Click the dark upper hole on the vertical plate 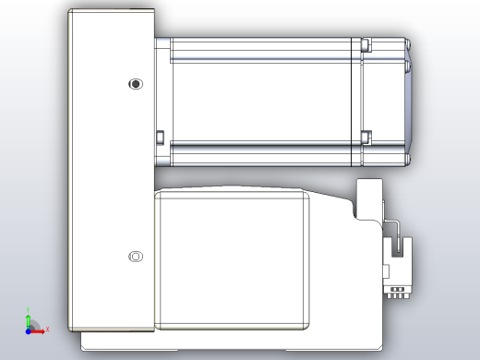(x=137, y=84)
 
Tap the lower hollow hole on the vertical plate (x=136, y=256)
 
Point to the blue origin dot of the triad (x=29, y=329)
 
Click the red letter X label (x=47, y=329)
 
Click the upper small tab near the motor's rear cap (x=366, y=42)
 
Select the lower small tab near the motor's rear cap (x=366, y=137)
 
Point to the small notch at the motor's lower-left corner (x=159, y=138)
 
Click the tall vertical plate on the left (x=111, y=175)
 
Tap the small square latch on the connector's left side (x=389, y=270)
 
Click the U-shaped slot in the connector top (x=400, y=247)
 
